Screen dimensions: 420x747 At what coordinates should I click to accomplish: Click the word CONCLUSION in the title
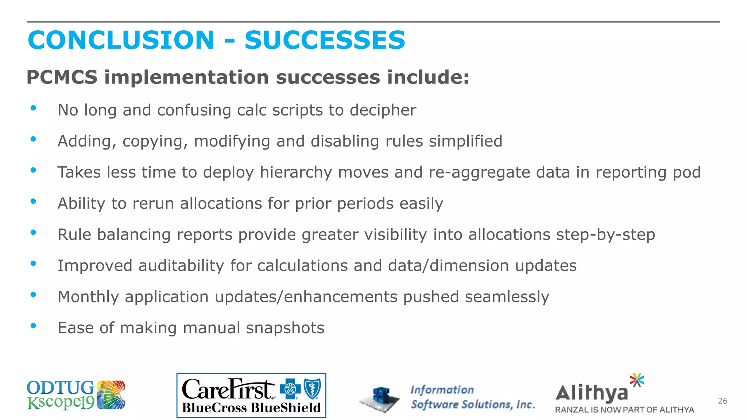[121, 40]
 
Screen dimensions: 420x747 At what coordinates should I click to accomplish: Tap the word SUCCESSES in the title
[325, 40]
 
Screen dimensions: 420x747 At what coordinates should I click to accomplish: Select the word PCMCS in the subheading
[62, 77]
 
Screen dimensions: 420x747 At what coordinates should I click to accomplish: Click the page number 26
[722, 401]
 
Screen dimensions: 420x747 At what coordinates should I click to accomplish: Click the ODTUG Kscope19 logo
[76, 395]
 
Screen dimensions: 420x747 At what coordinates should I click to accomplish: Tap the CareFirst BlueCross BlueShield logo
[251, 396]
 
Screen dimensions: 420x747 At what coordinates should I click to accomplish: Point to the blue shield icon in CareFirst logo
[313, 389]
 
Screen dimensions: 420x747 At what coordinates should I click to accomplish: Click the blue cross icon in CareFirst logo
[290, 389]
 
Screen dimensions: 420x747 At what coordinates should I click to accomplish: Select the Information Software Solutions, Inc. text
[472, 397]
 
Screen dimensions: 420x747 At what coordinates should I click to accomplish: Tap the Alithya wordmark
[592, 393]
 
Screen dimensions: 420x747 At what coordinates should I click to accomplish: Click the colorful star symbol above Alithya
[637, 380]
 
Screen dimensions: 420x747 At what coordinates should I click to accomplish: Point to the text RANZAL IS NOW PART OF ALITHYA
[624, 410]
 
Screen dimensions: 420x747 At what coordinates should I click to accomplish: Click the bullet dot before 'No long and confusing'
[33, 108]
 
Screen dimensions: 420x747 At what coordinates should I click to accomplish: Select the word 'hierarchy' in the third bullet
[296, 172]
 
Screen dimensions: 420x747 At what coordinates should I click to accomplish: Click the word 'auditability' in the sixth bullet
[181, 266]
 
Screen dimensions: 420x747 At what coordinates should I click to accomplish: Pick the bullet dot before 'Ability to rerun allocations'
[33, 201]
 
